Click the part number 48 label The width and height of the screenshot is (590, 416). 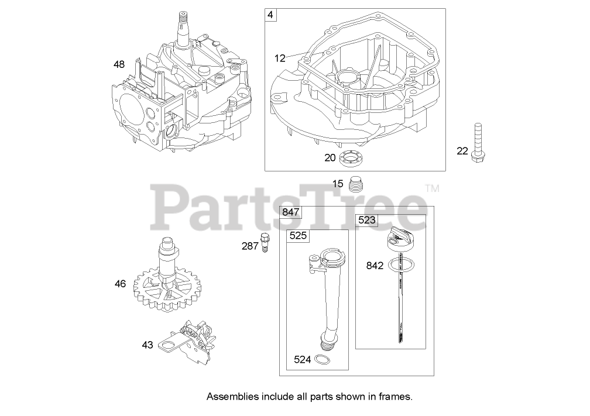pyautogui.click(x=119, y=64)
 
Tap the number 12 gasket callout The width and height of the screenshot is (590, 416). pyautogui.click(x=280, y=58)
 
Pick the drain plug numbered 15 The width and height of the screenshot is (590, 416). pyautogui.click(x=356, y=184)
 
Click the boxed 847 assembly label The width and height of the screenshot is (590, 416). pyautogui.click(x=291, y=212)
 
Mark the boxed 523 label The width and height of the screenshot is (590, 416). pyautogui.click(x=368, y=220)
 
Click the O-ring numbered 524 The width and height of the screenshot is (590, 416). pyautogui.click(x=322, y=359)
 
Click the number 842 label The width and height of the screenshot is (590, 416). pyautogui.click(x=375, y=265)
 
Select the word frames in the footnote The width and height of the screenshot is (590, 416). pyautogui.click(x=397, y=397)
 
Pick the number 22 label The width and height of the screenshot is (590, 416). pyautogui.click(x=462, y=151)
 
